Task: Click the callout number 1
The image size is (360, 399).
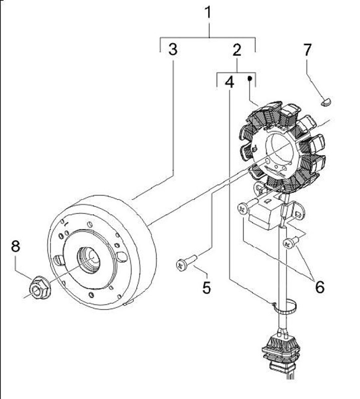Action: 208,12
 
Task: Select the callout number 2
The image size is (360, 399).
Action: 237,50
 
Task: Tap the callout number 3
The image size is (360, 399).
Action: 173,49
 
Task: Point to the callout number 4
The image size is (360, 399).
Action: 229,82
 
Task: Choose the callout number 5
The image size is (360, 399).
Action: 206,288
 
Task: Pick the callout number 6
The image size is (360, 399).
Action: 320,287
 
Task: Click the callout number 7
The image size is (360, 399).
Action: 307,49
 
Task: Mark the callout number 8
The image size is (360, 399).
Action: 15,246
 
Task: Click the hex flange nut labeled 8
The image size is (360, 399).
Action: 40,287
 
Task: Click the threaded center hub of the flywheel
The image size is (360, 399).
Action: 89,260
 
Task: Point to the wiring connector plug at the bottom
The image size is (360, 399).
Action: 281,352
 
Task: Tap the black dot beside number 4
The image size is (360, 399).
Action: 250,78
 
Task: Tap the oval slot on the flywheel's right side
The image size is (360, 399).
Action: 121,256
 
